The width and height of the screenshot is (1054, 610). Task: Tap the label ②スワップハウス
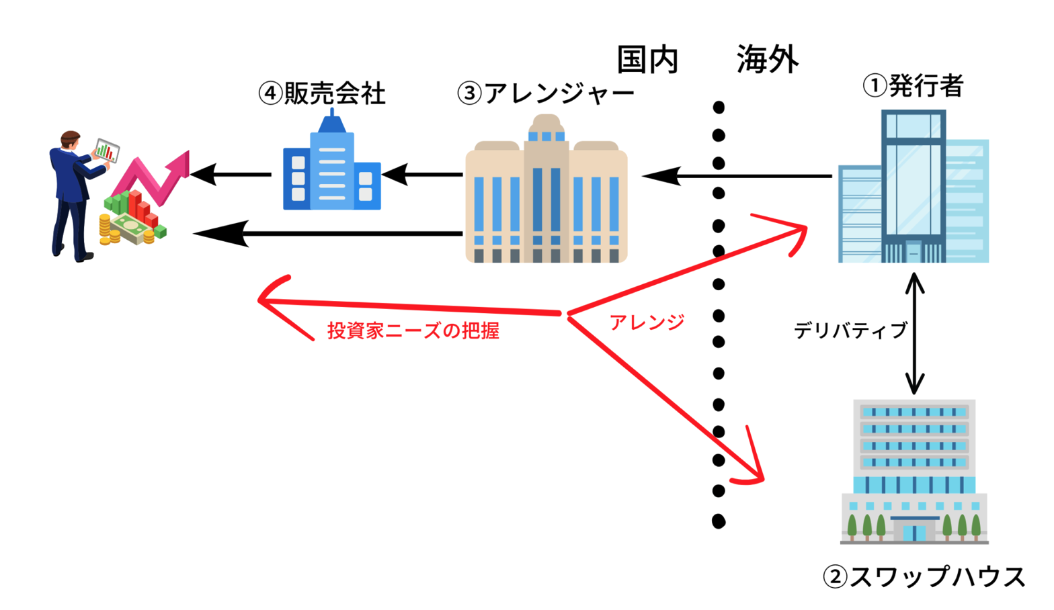pyautogui.click(x=924, y=576)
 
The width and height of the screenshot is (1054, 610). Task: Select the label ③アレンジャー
pyautogui.click(x=545, y=93)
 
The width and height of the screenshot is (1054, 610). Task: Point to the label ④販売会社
pyautogui.click(x=322, y=93)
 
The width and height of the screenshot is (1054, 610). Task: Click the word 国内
pyautogui.click(x=647, y=60)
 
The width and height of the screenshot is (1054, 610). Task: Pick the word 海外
pyautogui.click(x=767, y=60)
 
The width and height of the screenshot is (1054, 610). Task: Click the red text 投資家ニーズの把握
pyautogui.click(x=413, y=331)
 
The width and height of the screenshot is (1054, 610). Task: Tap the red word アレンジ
pyautogui.click(x=647, y=322)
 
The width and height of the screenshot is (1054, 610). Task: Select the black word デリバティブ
pyautogui.click(x=850, y=331)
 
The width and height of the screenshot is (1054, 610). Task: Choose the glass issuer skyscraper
pyautogui.click(x=913, y=188)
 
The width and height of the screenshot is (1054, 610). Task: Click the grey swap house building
pyautogui.click(x=914, y=470)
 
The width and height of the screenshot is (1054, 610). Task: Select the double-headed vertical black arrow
pyautogui.click(x=914, y=334)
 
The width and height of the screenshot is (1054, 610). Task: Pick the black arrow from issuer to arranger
pyautogui.click(x=739, y=177)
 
